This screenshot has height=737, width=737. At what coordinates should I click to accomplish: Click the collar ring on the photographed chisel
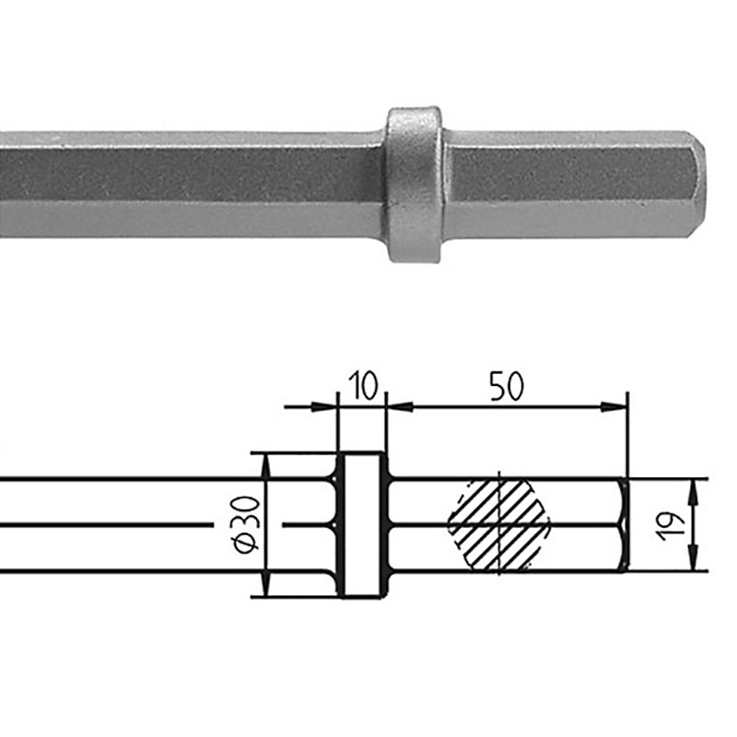pos(414,184)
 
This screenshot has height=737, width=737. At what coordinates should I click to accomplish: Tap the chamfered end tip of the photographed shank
pos(697,184)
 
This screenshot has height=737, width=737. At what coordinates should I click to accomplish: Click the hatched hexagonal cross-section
pos(498,526)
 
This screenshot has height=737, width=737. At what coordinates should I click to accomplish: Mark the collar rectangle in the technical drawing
pos(363,524)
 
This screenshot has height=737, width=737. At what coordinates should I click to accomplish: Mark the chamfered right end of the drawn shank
pos(624,525)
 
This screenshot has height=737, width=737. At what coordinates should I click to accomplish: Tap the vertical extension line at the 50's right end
pos(626,433)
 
